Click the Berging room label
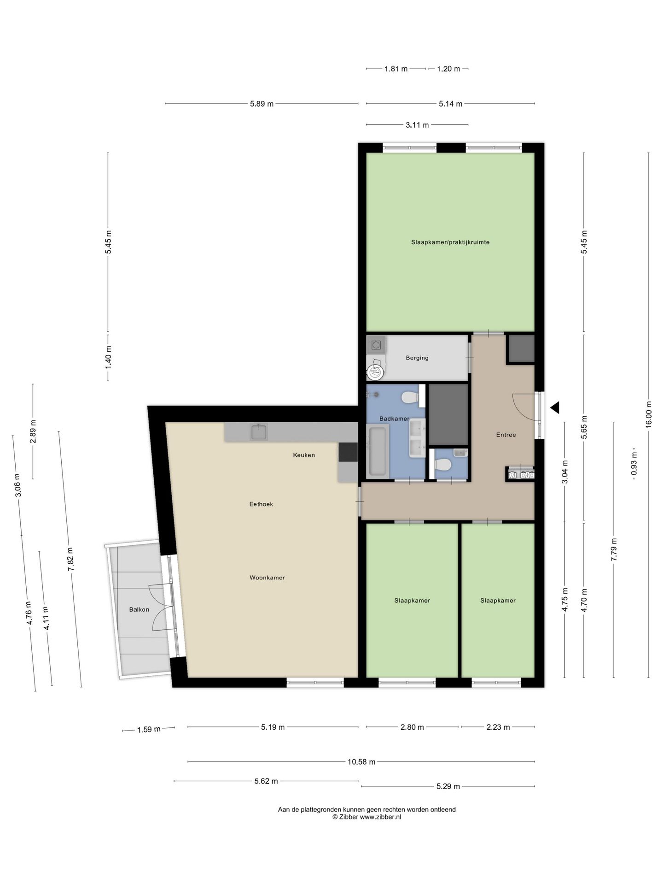(x=417, y=358)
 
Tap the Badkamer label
(x=394, y=419)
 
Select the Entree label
(x=506, y=435)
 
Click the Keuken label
(x=304, y=455)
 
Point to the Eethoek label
(x=261, y=504)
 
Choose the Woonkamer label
(x=267, y=578)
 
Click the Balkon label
(x=139, y=609)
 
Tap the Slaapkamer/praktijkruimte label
(x=450, y=242)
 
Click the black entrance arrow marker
(x=555, y=407)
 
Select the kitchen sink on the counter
(x=259, y=432)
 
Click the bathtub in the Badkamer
(x=378, y=451)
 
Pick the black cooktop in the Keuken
(x=348, y=452)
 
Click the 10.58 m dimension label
(x=361, y=762)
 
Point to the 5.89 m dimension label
(x=262, y=104)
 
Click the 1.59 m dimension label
(x=149, y=729)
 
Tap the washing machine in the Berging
(x=376, y=344)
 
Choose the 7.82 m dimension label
(x=70, y=559)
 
